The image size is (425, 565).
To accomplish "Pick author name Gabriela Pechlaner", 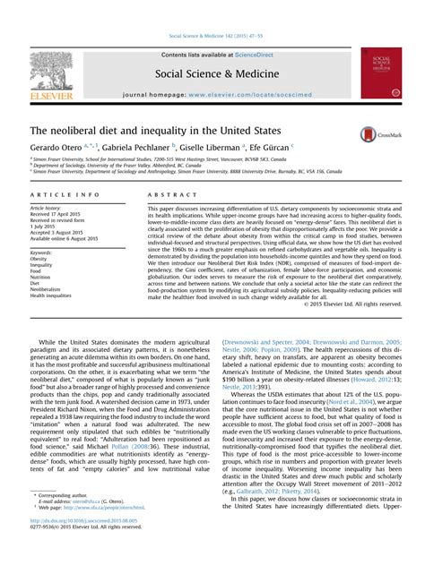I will (x=135, y=148).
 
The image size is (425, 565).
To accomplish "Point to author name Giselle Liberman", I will (x=210, y=148).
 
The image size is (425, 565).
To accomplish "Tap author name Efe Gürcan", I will (x=267, y=148).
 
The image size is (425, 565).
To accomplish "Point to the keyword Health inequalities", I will (x=56, y=296).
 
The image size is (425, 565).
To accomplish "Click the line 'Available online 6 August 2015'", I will (x=65, y=238).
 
